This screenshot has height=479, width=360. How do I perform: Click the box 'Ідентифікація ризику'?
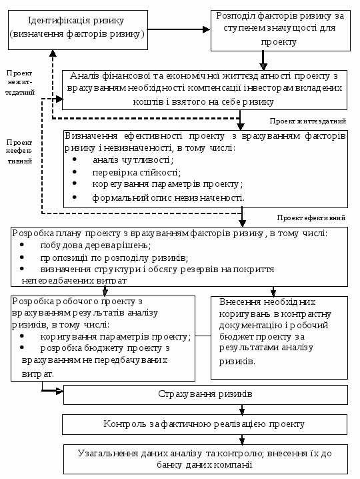point(78,30)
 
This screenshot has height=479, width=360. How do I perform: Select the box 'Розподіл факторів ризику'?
point(280,30)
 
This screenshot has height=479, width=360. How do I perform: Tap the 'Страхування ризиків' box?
point(205,395)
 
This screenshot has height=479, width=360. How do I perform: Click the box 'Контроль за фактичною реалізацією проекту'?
point(205,424)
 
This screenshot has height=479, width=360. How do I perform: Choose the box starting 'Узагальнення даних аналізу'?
point(205,459)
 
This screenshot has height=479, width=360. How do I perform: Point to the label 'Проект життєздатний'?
point(308,121)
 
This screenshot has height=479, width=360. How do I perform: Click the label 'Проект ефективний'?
point(311,217)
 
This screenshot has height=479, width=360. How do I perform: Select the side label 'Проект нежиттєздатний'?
point(19,83)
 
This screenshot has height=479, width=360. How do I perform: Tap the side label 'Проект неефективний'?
point(19,152)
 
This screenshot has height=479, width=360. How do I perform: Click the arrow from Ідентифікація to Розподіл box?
point(179,29)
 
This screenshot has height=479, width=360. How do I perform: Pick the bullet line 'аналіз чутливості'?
point(133,159)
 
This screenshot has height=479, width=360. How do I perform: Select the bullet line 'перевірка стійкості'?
point(137,173)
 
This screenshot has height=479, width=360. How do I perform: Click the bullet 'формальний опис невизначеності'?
point(168,198)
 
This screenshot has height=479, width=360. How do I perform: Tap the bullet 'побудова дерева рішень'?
point(95,246)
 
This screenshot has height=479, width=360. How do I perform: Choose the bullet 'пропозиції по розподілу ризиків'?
point(114,258)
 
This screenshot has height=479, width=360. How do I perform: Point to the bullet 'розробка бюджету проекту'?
point(105,348)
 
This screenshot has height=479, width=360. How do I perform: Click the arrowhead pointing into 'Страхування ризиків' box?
point(59,391)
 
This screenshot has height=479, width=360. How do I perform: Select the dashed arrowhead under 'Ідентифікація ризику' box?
point(53,53)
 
